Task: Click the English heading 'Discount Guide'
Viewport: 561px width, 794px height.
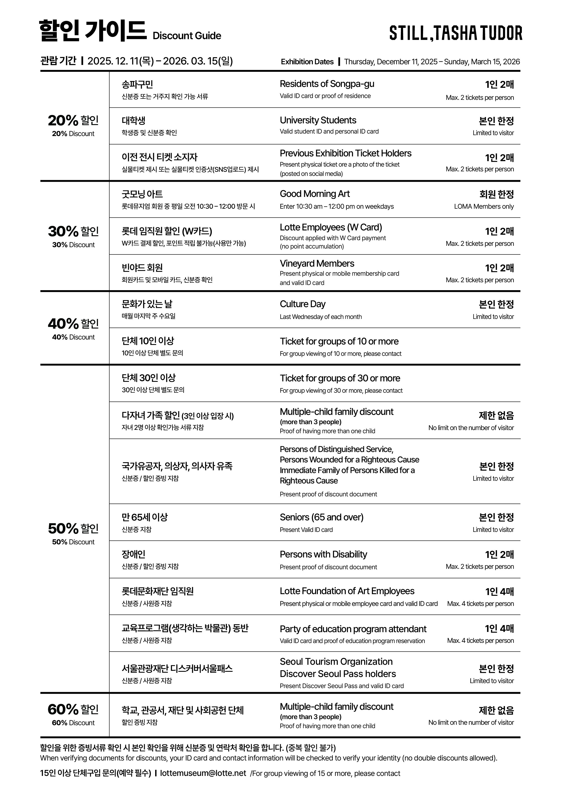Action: [x=187, y=36]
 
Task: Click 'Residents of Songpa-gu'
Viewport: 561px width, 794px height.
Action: [x=327, y=84]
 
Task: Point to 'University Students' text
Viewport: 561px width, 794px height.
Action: [x=318, y=120]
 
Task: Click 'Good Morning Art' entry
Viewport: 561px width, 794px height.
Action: [x=315, y=194]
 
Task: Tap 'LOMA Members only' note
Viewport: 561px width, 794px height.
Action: [x=484, y=206]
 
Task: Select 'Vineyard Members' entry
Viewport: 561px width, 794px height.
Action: [x=317, y=263]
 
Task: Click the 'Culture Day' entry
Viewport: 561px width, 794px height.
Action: [x=302, y=304]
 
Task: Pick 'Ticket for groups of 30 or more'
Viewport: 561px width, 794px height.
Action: [x=340, y=378]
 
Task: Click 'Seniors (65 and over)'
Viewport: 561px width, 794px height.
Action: [x=321, y=517]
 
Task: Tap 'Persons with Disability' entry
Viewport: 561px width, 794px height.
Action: [x=323, y=554]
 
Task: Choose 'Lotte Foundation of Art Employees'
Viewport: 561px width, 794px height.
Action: [x=347, y=591]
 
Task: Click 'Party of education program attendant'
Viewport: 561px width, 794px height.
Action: [x=353, y=629]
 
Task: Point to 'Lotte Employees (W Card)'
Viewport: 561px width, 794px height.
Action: [x=330, y=227]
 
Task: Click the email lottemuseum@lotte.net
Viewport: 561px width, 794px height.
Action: [x=203, y=773]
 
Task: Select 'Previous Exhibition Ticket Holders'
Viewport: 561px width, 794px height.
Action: [x=345, y=153]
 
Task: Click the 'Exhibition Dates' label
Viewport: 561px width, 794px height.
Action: [x=307, y=62]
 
